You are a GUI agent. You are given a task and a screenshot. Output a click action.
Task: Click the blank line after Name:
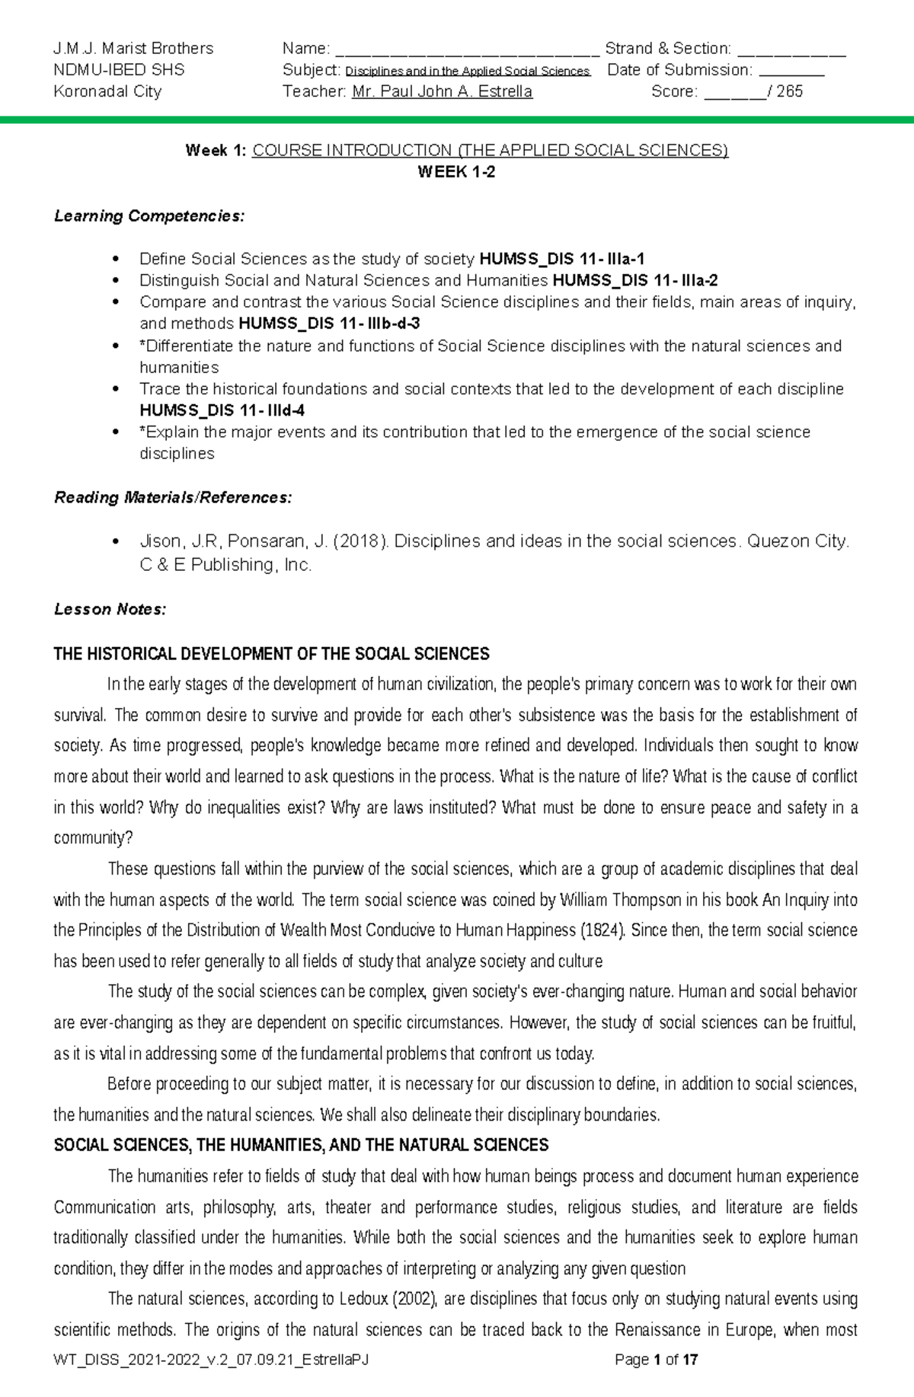467,50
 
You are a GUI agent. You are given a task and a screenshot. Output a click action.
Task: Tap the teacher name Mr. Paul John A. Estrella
443,92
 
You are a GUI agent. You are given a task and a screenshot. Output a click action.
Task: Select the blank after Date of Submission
792,72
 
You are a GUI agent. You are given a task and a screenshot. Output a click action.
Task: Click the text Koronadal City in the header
107,92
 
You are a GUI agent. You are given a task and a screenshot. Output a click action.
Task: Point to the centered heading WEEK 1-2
456,172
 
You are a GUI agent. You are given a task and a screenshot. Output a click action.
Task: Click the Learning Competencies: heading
149,216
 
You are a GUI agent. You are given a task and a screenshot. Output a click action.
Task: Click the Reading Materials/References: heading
172,498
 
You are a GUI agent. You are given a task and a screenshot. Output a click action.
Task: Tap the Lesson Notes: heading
110,610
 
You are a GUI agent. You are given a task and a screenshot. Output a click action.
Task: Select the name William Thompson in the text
621,900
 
